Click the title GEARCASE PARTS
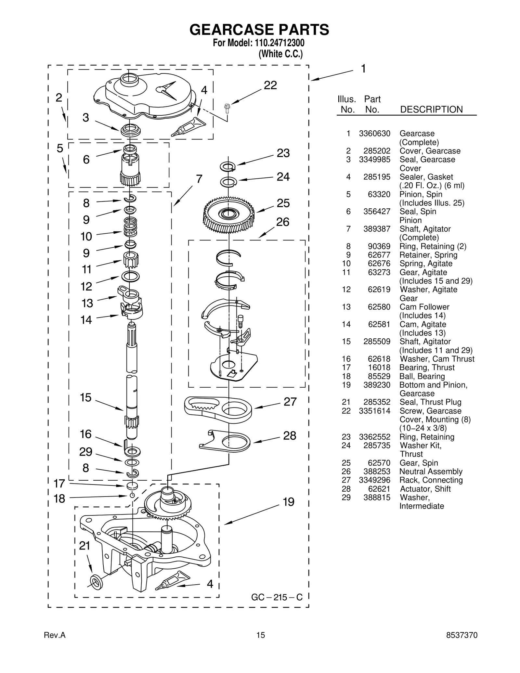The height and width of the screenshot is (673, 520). (x=259, y=30)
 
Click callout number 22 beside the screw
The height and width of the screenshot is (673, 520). (x=270, y=85)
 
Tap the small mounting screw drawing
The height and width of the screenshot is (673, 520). (x=227, y=108)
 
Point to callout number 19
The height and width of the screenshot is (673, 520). (x=288, y=502)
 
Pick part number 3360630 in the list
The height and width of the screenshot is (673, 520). (x=374, y=134)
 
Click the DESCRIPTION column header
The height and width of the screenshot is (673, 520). (x=431, y=110)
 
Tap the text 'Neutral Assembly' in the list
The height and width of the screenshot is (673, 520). (x=431, y=472)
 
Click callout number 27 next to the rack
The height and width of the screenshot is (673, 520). (x=290, y=402)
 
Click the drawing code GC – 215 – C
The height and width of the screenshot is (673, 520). (x=277, y=597)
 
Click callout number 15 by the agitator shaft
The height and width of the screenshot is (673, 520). (x=86, y=398)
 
